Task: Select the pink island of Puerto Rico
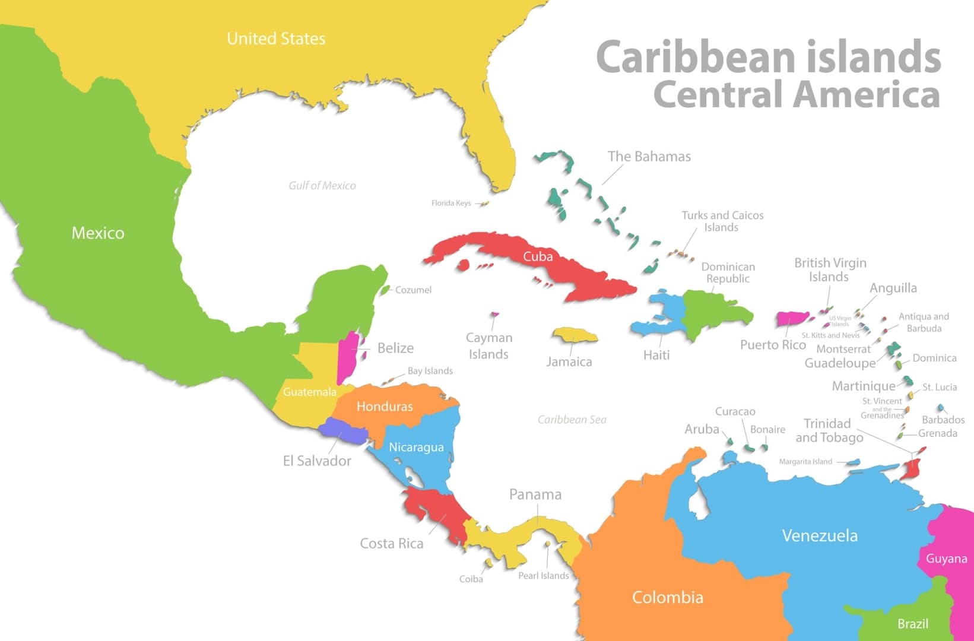(791, 319)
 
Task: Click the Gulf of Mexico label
(322, 186)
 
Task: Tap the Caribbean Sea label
(572, 420)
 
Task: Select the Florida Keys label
(451, 203)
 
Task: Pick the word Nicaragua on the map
(416, 447)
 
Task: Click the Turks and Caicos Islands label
(722, 221)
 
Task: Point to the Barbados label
(943, 420)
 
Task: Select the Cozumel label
(413, 290)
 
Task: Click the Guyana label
(946, 559)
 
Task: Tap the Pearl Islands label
(543, 576)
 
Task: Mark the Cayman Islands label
(488, 345)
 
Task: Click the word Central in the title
(718, 95)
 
